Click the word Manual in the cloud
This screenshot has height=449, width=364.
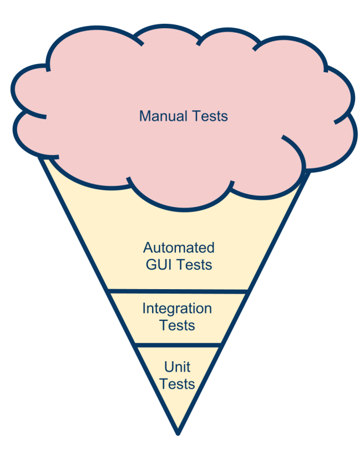161,117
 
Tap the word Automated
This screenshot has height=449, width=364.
179,248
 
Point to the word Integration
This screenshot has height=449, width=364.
177,308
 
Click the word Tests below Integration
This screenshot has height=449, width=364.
177,325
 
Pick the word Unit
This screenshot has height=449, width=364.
178,367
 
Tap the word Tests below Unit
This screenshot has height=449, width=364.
178,384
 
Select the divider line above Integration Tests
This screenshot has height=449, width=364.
178,290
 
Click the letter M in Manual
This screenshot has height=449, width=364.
144,117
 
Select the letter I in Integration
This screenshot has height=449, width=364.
144,308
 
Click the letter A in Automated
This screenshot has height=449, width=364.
148,248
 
